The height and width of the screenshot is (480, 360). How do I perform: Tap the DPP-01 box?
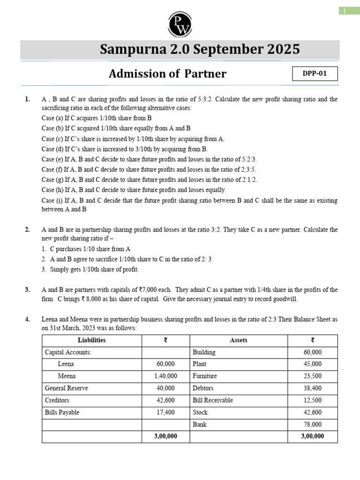315,74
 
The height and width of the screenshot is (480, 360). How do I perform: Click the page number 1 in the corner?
344,11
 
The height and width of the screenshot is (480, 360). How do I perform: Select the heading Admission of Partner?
167,74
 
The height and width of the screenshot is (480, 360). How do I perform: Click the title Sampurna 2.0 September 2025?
200,50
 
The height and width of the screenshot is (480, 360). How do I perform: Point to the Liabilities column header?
91,340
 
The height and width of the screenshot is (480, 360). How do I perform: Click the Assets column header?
239,340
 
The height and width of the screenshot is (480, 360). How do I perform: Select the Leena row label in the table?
66,364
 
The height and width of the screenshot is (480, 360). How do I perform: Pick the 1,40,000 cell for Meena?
165,376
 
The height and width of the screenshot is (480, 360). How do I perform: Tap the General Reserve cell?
66,388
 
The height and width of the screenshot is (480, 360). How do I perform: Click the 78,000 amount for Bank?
313,425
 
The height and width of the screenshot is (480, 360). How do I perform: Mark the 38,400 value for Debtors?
313,388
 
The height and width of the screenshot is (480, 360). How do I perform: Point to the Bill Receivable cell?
212,400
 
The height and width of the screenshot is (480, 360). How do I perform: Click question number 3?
28,290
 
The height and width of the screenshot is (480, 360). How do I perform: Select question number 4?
28,320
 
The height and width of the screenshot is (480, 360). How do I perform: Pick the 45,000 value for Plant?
313,364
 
